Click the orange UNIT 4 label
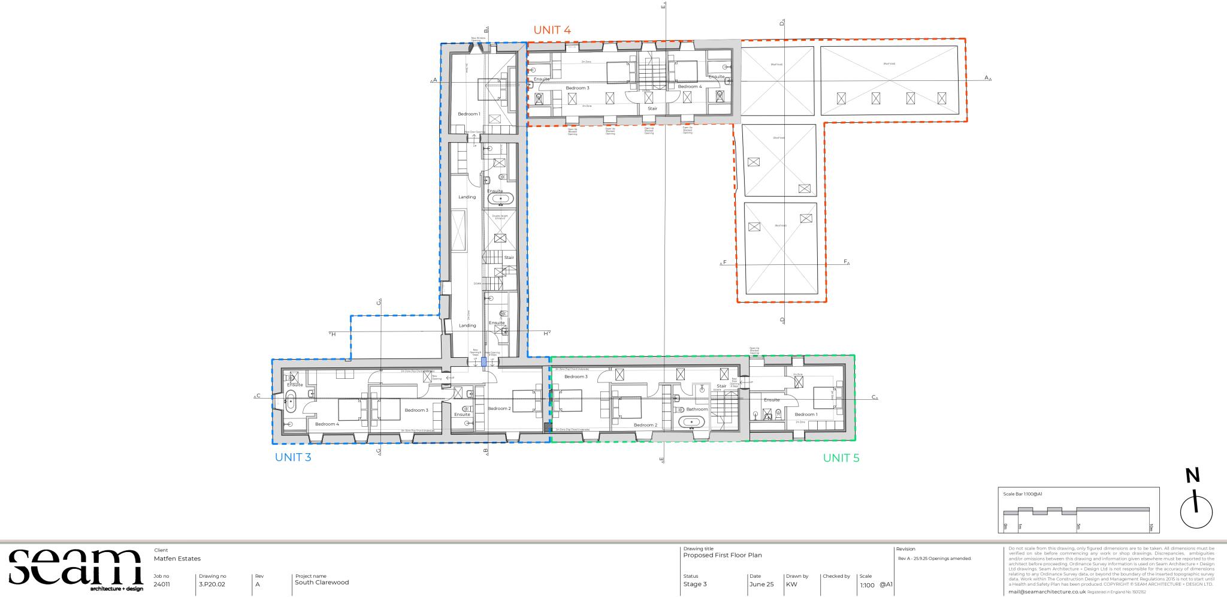pyautogui.click(x=552, y=30)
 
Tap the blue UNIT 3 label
pyautogui.click(x=293, y=457)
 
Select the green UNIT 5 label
pyautogui.click(x=841, y=458)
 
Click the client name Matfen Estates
pyautogui.click(x=177, y=559)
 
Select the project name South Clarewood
pyautogui.click(x=322, y=582)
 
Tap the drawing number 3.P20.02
pyautogui.click(x=212, y=584)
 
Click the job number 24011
pyautogui.click(x=161, y=584)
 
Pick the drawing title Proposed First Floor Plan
pyautogui.click(x=723, y=555)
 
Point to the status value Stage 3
pyautogui.click(x=695, y=584)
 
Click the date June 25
pyautogui.click(x=761, y=584)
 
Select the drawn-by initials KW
pyautogui.click(x=791, y=584)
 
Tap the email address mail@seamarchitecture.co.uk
pyautogui.click(x=1047, y=592)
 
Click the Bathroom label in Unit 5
pyautogui.click(x=697, y=409)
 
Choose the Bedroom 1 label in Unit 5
pyautogui.click(x=806, y=414)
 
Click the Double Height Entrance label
pyautogui.click(x=500, y=218)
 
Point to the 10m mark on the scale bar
pyautogui.click(x=1150, y=527)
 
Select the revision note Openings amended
pyautogui.click(x=935, y=559)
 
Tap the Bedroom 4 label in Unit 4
pyautogui.click(x=690, y=87)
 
